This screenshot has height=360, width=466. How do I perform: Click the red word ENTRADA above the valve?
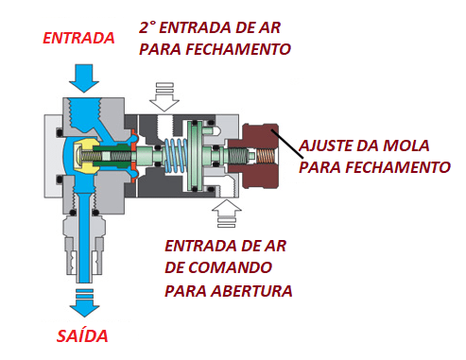click(79, 39)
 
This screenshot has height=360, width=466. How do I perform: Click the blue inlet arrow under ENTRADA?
click(82, 77)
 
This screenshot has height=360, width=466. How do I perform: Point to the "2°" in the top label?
click(149, 26)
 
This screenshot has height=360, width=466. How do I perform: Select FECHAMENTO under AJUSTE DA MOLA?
click(397, 168)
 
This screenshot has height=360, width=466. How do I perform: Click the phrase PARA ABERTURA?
click(229, 289)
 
